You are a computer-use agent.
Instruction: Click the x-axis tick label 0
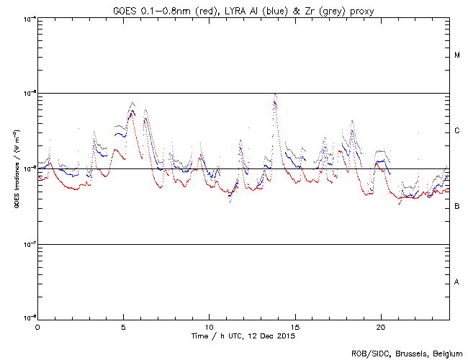[37, 327]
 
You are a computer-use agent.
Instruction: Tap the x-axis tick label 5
[123, 327]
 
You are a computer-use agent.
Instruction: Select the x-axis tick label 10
[209, 327]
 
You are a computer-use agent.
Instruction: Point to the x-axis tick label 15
[294, 327]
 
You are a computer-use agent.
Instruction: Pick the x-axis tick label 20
[380, 327]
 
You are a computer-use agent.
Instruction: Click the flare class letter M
[457, 55]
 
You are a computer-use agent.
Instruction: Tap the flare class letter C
[457, 131]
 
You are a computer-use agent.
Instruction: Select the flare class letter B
[457, 207]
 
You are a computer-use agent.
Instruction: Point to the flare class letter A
[457, 282]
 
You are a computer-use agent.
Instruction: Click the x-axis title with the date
[243, 336]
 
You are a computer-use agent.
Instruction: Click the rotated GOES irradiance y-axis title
[16, 168]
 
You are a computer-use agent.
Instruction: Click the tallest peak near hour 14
[275, 94]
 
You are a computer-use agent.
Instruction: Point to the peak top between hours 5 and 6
[132, 103]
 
